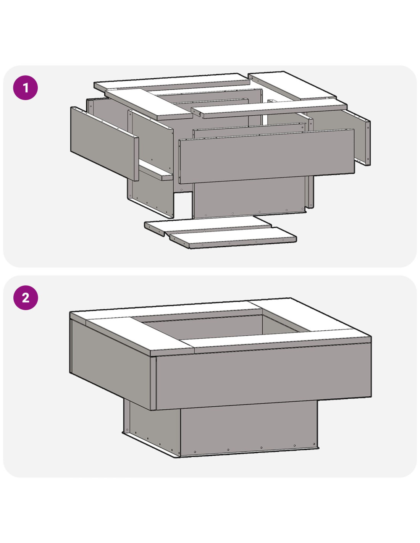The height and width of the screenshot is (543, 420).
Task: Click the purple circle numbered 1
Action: click(x=26, y=88)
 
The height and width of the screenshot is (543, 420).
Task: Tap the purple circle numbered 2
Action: click(x=26, y=297)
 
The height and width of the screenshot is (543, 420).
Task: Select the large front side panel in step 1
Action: click(x=267, y=157)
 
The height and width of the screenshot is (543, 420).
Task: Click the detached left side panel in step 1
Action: click(x=105, y=144)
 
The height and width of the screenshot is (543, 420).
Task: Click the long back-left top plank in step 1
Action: click(x=172, y=82)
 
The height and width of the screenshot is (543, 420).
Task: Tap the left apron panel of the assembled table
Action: click(x=110, y=360)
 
